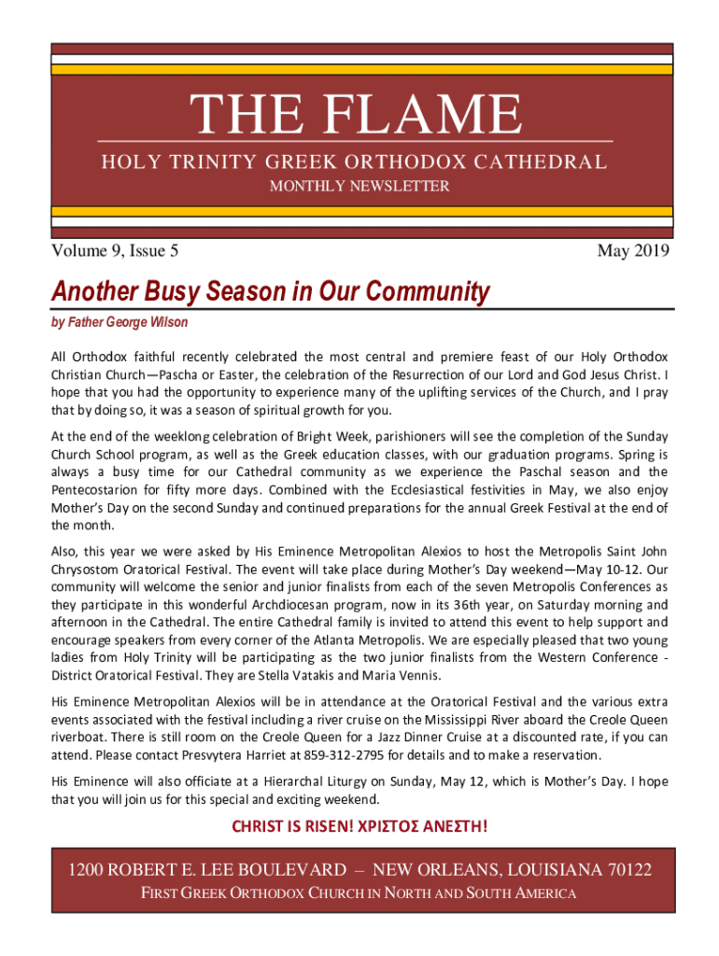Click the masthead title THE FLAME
[357, 114]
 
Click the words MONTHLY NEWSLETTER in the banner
[359, 187]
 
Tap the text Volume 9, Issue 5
[115, 250]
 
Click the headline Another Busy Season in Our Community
[270, 292]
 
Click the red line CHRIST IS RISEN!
[294, 827]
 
